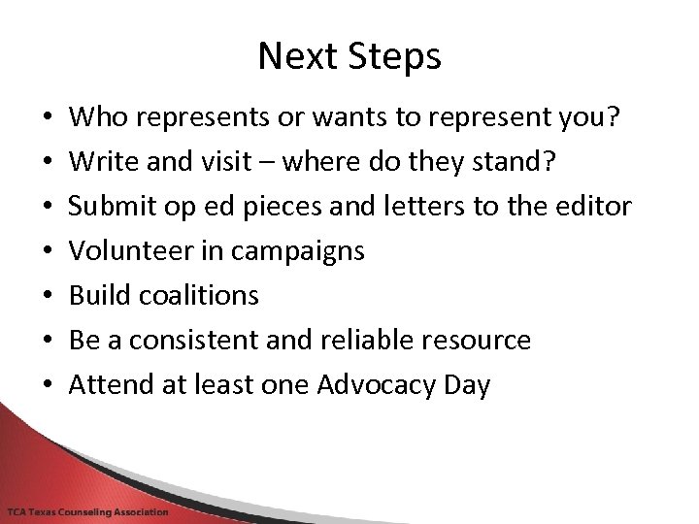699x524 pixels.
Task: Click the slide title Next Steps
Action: [349, 56]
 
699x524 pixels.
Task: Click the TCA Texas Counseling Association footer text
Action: [87, 512]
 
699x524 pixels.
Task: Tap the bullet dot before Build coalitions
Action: [48, 295]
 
